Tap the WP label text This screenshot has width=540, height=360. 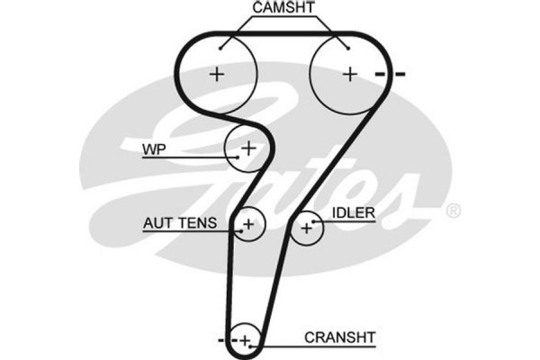[x=151, y=148]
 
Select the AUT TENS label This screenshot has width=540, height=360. [x=180, y=221]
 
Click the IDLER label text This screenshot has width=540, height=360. [x=354, y=212]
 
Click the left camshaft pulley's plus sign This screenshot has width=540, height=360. [x=216, y=74]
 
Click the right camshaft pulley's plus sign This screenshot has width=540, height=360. [x=349, y=74]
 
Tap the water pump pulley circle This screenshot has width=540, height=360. [x=246, y=148]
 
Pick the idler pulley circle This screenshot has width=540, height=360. [x=307, y=229]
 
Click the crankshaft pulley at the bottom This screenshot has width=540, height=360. [x=243, y=338]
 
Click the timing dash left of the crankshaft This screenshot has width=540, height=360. [x=220, y=339]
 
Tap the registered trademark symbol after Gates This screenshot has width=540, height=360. [x=454, y=210]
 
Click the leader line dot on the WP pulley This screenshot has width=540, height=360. [x=234, y=157]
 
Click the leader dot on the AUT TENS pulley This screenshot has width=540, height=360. [x=242, y=229]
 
